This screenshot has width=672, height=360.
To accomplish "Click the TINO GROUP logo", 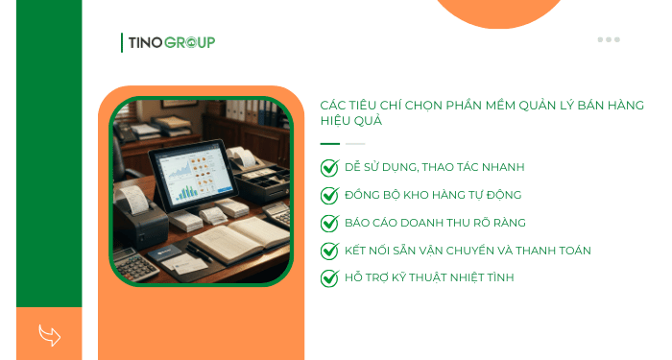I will click(169, 42).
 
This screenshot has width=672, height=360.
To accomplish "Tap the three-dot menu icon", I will click(609, 39).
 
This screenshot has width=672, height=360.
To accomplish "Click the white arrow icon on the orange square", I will click(49, 335).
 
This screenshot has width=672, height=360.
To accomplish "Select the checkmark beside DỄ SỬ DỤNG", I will click(329, 167).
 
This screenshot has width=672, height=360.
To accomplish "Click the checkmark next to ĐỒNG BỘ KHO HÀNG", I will click(329, 195).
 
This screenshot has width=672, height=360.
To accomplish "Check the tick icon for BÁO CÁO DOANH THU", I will click(329, 223).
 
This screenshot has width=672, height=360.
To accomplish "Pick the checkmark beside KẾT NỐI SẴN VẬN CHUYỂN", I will click(329, 251).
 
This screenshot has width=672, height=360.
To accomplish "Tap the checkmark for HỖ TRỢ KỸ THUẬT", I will click(329, 277).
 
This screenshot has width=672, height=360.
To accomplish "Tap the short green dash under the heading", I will click(329, 144).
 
